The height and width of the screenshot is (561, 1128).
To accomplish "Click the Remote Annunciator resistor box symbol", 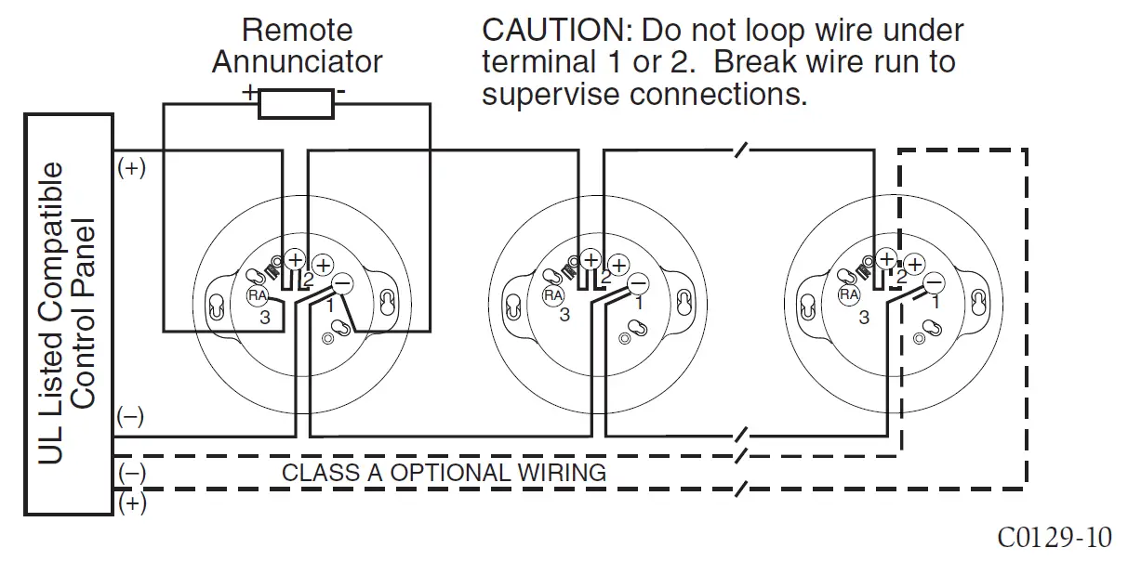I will [296, 103].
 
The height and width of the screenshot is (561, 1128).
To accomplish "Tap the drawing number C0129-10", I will [1054, 537].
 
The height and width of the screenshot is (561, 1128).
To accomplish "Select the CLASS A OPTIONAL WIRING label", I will [444, 472].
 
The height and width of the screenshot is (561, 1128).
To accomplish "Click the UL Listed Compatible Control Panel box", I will [69, 314].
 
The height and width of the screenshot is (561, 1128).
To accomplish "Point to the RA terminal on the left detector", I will [257, 294].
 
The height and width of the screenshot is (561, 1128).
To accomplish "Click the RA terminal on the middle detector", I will [553, 294].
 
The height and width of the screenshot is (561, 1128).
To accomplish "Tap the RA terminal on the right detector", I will [849, 294].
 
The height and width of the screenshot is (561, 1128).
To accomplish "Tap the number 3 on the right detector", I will [864, 317].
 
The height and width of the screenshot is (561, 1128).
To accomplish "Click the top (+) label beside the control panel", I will [131, 169].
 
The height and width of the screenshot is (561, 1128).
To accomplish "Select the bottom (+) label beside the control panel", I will [131, 503].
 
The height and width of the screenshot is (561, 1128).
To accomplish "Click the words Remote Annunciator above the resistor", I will [297, 46].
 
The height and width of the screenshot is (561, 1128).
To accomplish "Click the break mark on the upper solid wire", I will [741, 150].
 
